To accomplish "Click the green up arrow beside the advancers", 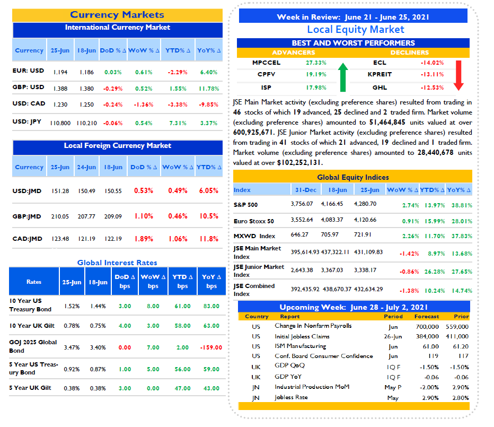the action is point(343,77).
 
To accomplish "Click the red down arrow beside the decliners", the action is point(458,75).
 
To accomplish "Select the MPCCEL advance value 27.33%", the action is point(316,63).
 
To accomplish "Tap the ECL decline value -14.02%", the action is point(433,63).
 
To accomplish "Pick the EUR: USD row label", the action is point(28,71).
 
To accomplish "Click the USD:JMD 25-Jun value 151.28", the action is point(60,191).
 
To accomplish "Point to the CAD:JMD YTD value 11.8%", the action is point(209,239).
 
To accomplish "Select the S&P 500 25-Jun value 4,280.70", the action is point(365,204).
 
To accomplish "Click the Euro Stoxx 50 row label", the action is point(253,221).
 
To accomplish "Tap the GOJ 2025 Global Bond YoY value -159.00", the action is point(211,347).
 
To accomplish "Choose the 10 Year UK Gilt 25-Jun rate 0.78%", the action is point(72,326).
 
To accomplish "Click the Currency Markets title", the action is point(117,15).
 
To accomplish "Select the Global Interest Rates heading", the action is point(117,263).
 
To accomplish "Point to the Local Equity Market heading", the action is point(356,30).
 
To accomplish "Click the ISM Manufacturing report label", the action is point(300,346).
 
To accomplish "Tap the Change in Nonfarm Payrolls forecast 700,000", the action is point(427,327).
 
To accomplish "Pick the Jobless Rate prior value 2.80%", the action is point(461,398).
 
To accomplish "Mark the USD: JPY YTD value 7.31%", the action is point(178,123).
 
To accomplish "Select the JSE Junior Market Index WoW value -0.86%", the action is point(409,272).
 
